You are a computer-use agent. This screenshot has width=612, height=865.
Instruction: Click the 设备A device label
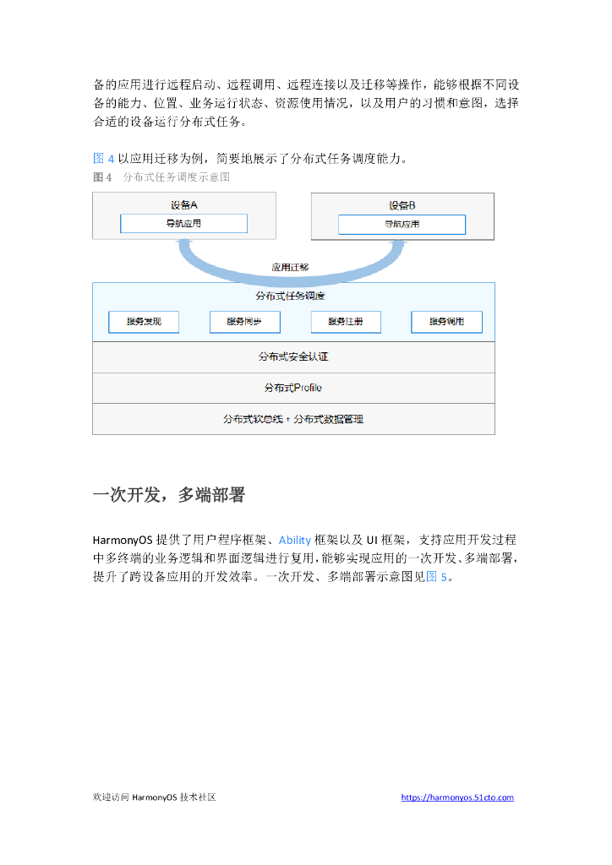pyautogui.click(x=184, y=204)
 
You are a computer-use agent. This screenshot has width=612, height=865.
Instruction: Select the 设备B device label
pyautogui.click(x=402, y=205)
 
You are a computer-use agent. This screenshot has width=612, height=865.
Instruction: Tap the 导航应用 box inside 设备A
pyautogui.click(x=183, y=224)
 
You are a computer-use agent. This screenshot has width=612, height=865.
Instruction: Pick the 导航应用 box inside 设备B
pyautogui.click(x=402, y=225)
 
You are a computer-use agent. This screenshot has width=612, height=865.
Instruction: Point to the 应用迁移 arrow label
pyautogui.click(x=290, y=267)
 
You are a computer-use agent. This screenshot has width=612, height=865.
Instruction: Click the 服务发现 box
pyautogui.click(x=144, y=322)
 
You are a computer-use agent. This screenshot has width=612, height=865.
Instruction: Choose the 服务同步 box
pyautogui.click(x=244, y=322)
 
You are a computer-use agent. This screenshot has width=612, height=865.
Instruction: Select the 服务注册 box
pyautogui.click(x=346, y=322)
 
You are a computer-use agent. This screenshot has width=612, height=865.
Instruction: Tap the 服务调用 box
pyautogui.click(x=446, y=322)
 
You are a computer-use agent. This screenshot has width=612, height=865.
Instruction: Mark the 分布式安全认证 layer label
pyautogui.click(x=293, y=357)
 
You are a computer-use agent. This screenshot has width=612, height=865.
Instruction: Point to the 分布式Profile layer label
pyautogui.click(x=293, y=388)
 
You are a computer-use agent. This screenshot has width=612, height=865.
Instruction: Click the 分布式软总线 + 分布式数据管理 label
pyautogui.click(x=293, y=419)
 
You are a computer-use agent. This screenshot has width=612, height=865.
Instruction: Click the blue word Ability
pyautogui.click(x=295, y=540)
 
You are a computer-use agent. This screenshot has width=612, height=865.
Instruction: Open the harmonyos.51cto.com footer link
pyautogui.click(x=457, y=797)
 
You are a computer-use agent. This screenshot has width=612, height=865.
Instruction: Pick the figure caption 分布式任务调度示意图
pyautogui.click(x=177, y=177)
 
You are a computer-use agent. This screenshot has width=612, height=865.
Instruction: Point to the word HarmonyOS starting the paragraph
pyautogui.click(x=123, y=540)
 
